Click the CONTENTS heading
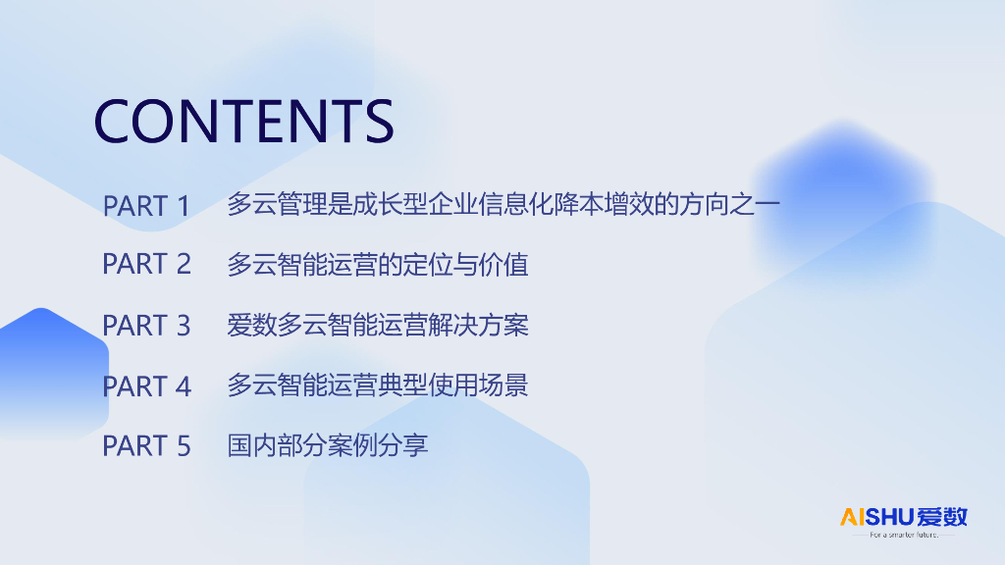point(243,121)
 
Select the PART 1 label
point(146,206)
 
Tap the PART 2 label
point(146,264)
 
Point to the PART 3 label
point(146,326)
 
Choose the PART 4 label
point(146,386)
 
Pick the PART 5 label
point(146,446)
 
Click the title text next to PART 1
point(503,204)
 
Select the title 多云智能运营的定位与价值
point(378,265)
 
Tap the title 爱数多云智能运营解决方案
point(378,325)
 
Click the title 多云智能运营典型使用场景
point(378,385)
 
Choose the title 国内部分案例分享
point(328,445)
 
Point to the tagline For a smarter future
point(904,535)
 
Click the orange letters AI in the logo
point(853,517)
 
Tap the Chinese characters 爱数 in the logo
point(942,517)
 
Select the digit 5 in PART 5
point(184,446)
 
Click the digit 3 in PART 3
point(184,326)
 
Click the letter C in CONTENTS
point(111,121)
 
